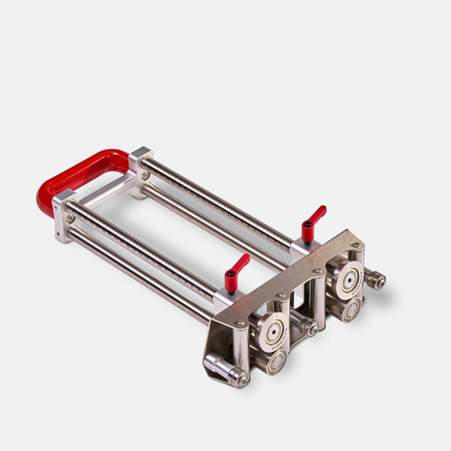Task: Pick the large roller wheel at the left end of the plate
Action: coord(272,332)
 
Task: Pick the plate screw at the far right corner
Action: coord(359,246)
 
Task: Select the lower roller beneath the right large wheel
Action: coord(349,310)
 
